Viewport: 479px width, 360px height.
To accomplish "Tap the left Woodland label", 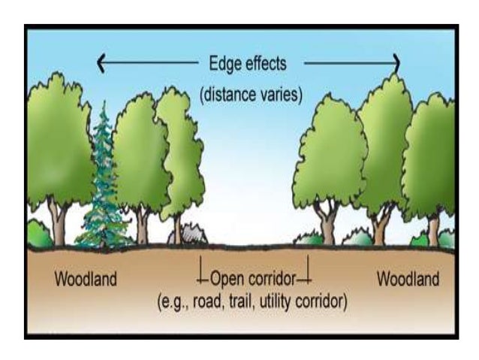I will click(x=85, y=280).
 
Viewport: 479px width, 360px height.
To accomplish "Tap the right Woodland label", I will click(x=407, y=280).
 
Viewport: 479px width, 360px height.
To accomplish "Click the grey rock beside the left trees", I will click(x=191, y=236).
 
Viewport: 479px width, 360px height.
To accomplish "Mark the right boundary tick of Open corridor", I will click(x=307, y=272).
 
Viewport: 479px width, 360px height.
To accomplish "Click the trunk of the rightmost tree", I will click(x=432, y=229).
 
